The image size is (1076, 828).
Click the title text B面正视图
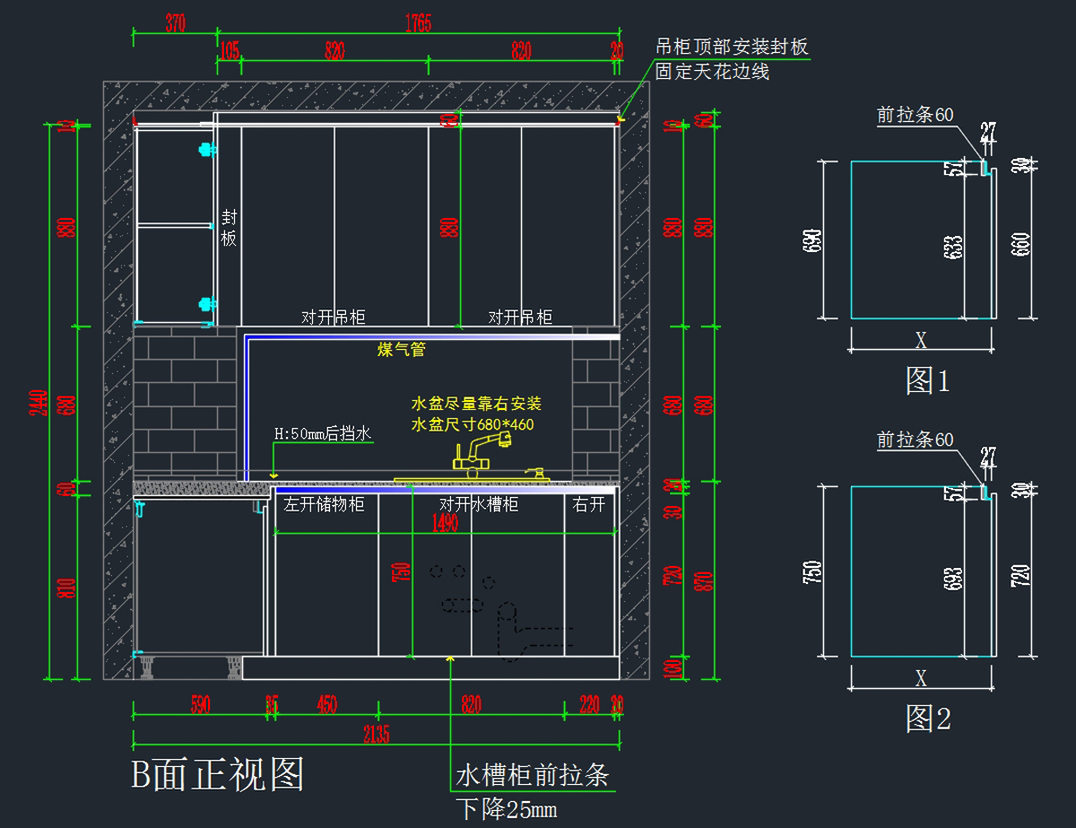pos(218,773)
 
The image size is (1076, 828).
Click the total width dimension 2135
pos(376,735)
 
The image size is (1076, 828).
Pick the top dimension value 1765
pos(417,24)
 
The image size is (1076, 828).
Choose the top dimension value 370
pos(175,24)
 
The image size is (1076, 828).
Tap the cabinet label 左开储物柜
pos(324,504)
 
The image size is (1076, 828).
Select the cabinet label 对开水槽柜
pos(479,504)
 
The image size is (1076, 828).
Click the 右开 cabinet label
pos(589,504)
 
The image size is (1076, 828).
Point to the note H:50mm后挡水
pos(322,434)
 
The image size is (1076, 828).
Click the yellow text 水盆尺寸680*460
pos(472,423)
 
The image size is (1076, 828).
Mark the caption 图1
pos(927,381)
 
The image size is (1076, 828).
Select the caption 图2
pos(927,718)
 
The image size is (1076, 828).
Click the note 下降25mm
pos(507,809)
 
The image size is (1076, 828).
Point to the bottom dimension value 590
pos(200,705)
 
